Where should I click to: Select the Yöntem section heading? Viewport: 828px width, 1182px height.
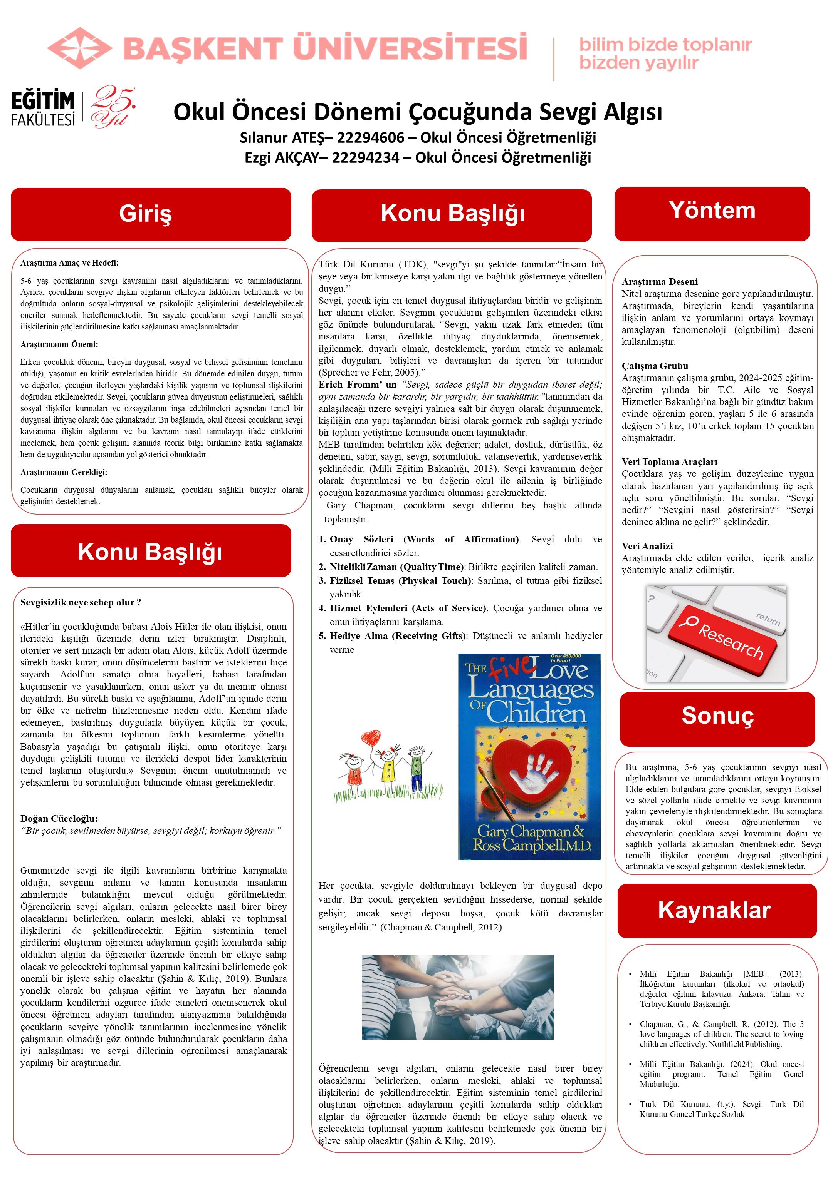click(x=712, y=211)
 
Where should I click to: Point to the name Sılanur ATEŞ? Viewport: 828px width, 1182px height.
click(x=282, y=138)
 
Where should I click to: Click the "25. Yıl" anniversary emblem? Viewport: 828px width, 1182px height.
click(x=113, y=107)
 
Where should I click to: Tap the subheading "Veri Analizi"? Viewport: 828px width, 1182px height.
click(x=647, y=546)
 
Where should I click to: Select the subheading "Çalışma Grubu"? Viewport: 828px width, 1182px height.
click(x=654, y=366)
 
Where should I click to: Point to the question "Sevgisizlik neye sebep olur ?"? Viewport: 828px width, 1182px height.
click(x=81, y=602)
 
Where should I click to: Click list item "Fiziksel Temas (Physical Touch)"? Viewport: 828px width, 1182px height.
click(x=400, y=581)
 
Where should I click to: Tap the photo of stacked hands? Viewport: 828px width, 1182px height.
click(x=457, y=996)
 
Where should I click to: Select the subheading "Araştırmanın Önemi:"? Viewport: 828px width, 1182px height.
click(x=59, y=344)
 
